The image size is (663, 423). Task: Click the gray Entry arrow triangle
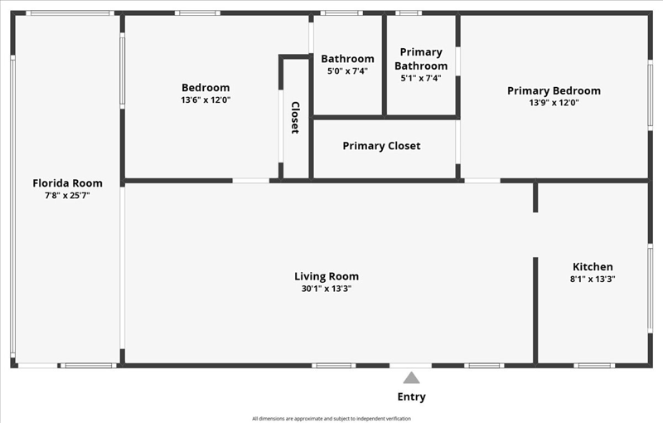[411, 377]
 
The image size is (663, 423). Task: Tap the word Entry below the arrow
[411, 396]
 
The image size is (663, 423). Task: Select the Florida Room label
[68, 183]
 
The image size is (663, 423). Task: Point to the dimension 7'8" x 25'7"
[68, 196]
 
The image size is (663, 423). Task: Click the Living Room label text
[327, 277]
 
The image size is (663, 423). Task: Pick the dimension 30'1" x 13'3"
[327, 289]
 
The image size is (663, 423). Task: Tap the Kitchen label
[593, 267]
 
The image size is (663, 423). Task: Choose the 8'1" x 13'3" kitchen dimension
[593, 279]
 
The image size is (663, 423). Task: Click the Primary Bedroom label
[554, 91]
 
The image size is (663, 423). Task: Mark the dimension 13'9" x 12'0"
[554, 102]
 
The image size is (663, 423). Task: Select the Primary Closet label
[381, 146]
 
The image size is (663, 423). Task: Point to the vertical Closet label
[295, 118]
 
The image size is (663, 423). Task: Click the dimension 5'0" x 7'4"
[347, 71]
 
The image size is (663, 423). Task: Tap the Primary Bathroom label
[421, 59]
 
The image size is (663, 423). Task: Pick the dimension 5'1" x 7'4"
[421, 78]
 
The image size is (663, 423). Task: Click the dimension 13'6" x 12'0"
[206, 100]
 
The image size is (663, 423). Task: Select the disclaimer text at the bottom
[331, 419]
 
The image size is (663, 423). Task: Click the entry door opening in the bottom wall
[410, 366]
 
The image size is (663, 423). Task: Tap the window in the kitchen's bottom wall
[594, 366]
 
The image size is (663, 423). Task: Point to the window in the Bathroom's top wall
[341, 13]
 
